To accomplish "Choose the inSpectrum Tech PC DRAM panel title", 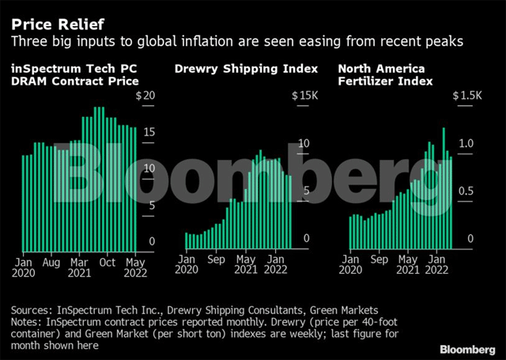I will click(76, 74).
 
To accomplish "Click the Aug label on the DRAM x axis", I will click(51, 261).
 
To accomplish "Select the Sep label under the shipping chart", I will click(216, 258).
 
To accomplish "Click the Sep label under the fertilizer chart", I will click(379, 258).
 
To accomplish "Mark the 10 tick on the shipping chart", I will click(301, 144).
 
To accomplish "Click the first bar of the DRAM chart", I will click(23, 202).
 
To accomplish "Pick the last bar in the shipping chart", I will click(289, 211).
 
